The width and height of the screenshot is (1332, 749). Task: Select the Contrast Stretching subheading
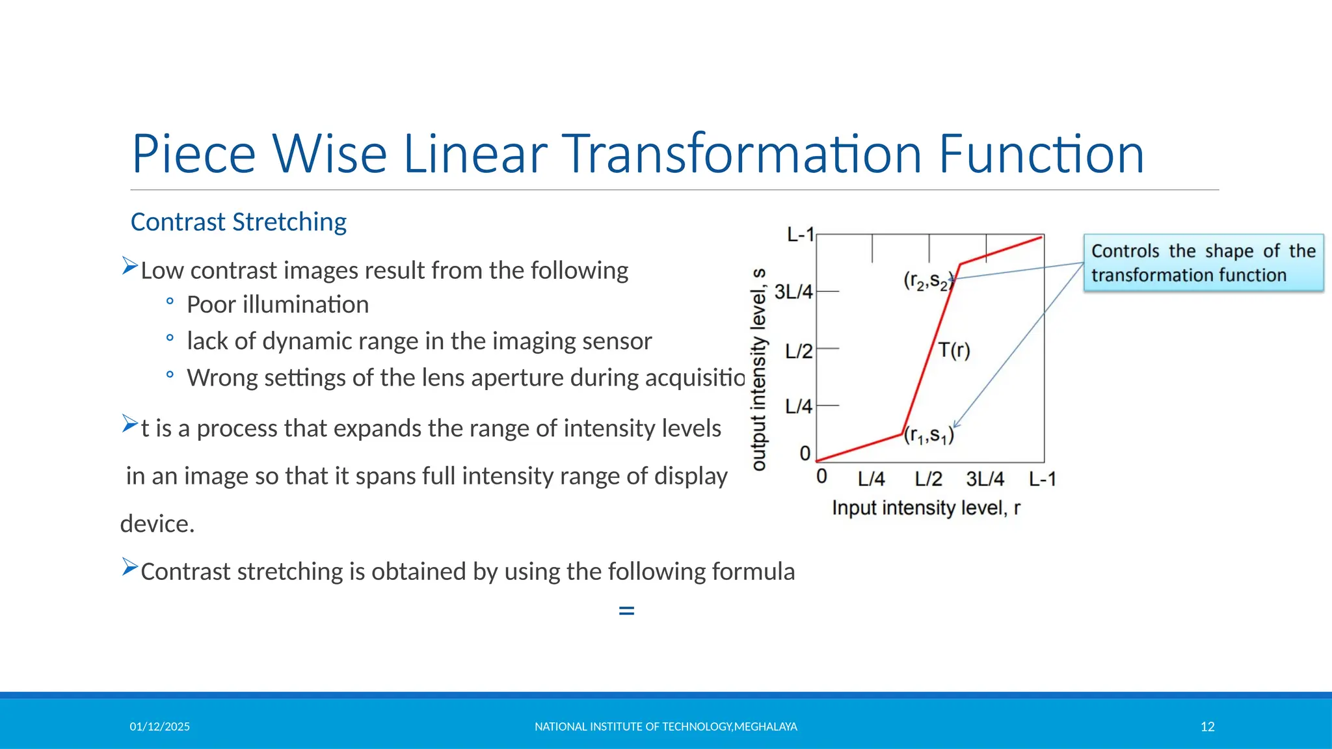(x=238, y=222)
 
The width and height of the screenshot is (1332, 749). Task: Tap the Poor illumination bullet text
(x=277, y=305)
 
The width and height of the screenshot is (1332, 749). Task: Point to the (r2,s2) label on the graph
(x=927, y=281)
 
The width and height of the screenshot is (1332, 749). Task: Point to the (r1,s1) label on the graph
(x=929, y=435)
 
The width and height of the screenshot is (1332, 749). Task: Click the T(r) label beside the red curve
(x=954, y=350)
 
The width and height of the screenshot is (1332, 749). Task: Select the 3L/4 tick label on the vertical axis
(x=793, y=292)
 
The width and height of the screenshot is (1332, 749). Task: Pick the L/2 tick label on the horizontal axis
(x=928, y=479)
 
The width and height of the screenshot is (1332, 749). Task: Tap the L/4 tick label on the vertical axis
(x=798, y=407)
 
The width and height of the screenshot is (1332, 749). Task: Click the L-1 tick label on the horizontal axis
(x=1042, y=479)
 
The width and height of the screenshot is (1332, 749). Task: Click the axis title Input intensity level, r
(x=926, y=508)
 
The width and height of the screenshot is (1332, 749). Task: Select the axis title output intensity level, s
(x=759, y=369)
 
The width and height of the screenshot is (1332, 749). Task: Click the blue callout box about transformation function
(x=1203, y=263)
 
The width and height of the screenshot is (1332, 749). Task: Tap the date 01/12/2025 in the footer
(x=159, y=727)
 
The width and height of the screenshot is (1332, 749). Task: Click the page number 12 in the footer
(x=1207, y=727)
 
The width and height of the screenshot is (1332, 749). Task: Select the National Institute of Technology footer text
(x=665, y=727)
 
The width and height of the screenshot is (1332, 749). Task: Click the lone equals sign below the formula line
(x=626, y=611)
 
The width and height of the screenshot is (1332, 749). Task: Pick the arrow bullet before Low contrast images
(x=130, y=266)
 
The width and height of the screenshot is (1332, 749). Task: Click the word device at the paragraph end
(x=157, y=524)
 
